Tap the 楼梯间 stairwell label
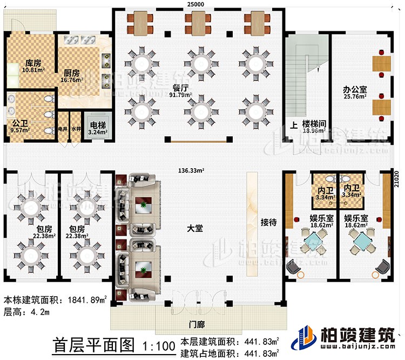pyautogui.click(x=314, y=124)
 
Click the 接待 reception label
pyautogui.click(x=269, y=221)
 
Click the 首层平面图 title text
pyautogui.click(x=93, y=344)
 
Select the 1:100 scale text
pyautogui.click(x=158, y=345)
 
